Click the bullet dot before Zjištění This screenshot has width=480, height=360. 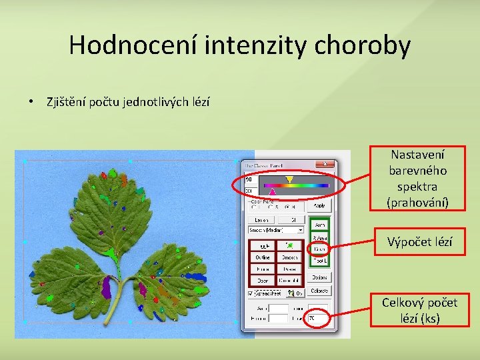pyautogui.click(x=31, y=102)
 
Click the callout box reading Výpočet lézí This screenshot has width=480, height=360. pyautogui.click(x=419, y=242)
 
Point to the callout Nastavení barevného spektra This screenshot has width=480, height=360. pyautogui.click(x=419, y=178)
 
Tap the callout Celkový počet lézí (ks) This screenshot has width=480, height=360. pyautogui.click(x=419, y=311)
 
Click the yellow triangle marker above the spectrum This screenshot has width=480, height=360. pyautogui.click(x=289, y=179)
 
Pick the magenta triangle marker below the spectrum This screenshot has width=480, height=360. pyautogui.click(x=271, y=191)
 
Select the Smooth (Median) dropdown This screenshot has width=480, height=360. pyautogui.click(x=275, y=229)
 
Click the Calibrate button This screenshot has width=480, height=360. pyautogui.click(x=319, y=291)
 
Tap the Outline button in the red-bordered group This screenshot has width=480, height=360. pyautogui.click(x=263, y=257)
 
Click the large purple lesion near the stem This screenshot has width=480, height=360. pyautogui.click(x=106, y=287)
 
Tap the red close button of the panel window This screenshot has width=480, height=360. pyautogui.click(x=325, y=164)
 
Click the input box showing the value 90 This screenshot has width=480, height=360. pyautogui.click(x=250, y=179)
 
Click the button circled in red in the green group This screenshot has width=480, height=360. pyautogui.click(x=319, y=249)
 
